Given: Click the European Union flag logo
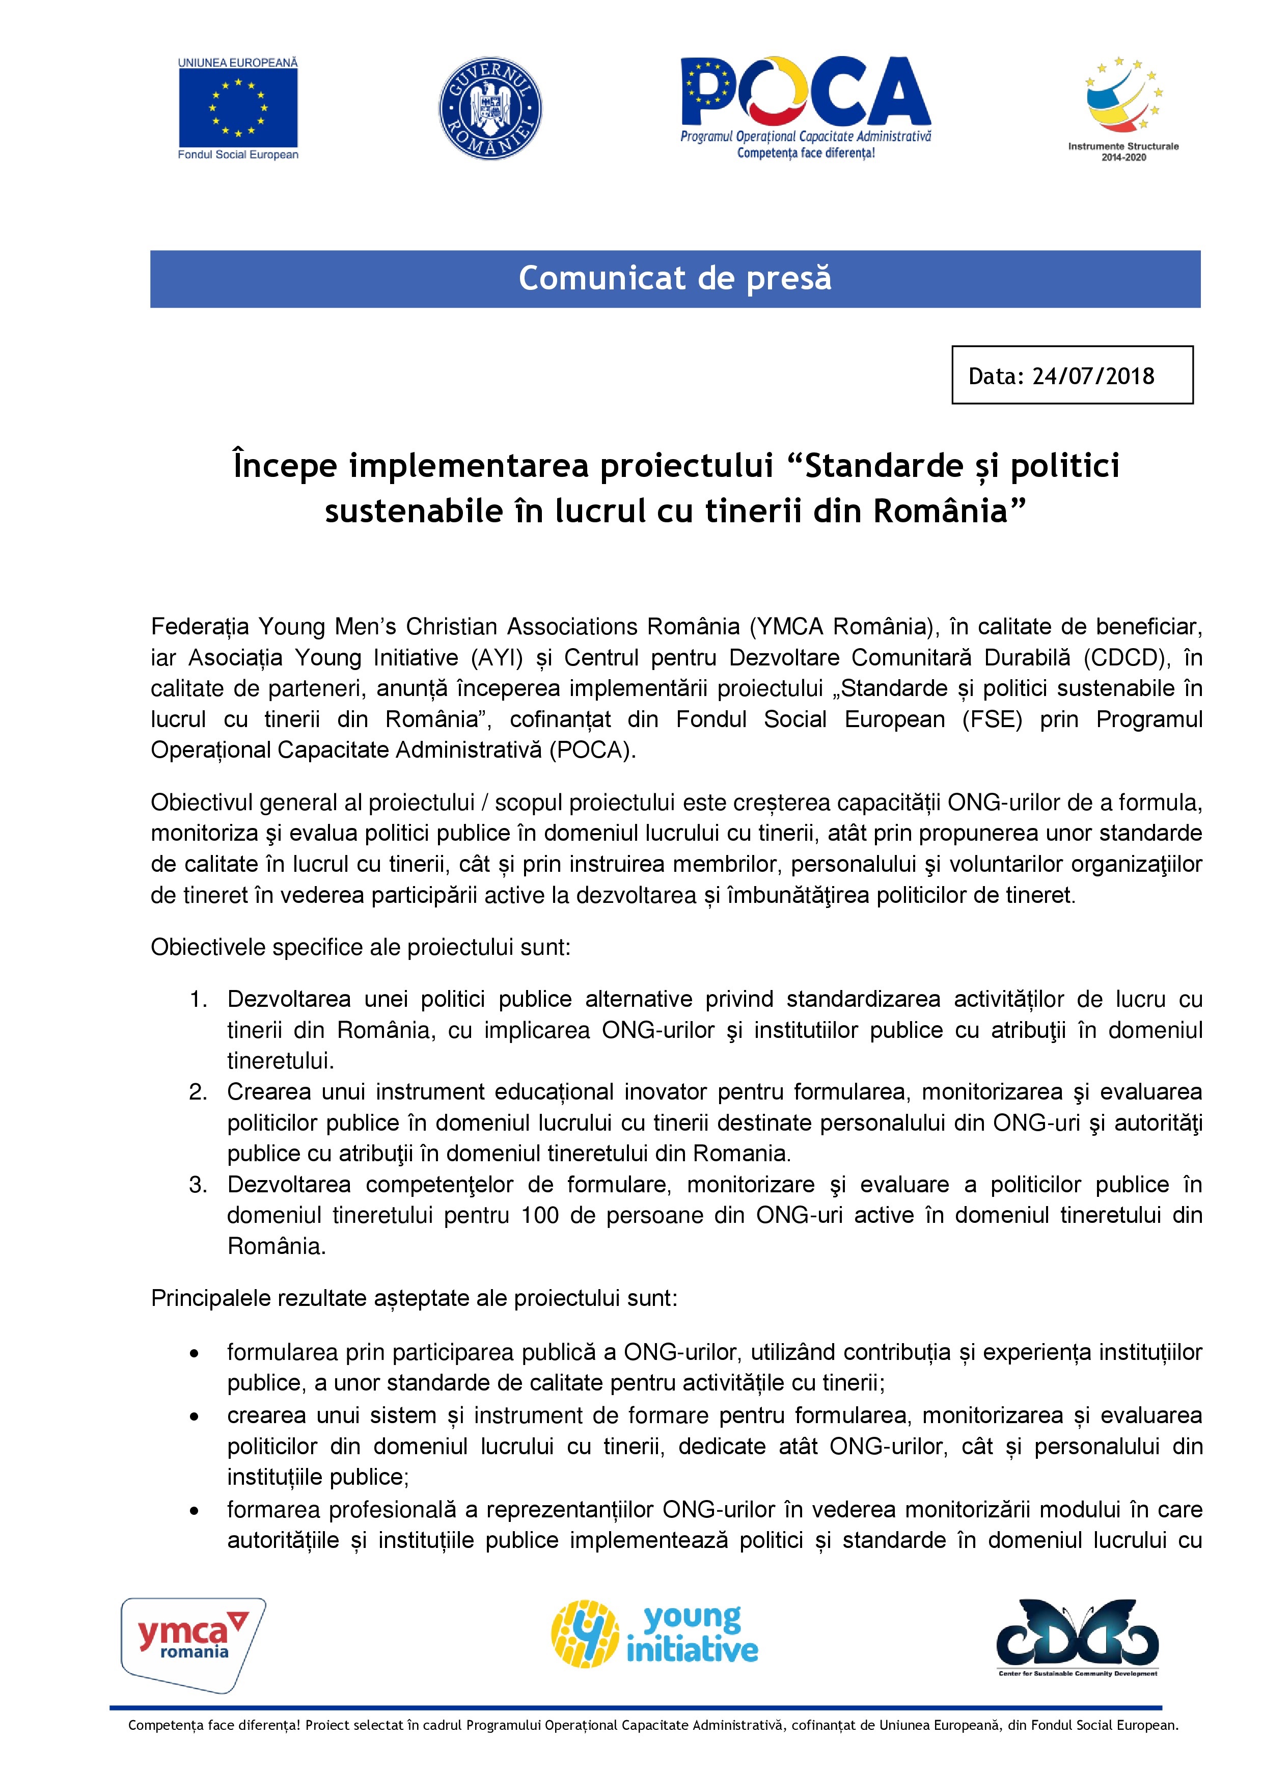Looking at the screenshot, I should coord(238,108).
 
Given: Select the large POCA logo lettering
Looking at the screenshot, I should coord(806,93).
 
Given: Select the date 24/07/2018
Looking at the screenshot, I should coord(1093,377).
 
